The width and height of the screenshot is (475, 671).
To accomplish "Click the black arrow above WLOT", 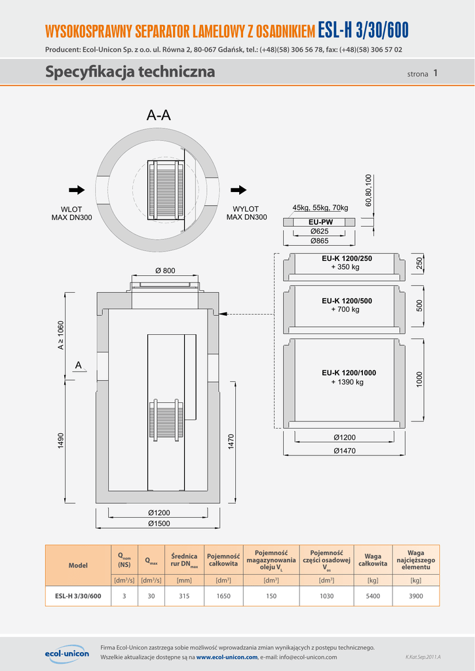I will [x=77, y=190].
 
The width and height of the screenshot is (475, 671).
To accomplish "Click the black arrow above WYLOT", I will [x=239, y=190].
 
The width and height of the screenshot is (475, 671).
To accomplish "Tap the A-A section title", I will [x=159, y=116].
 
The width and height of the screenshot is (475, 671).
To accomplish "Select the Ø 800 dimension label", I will [x=164, y=271].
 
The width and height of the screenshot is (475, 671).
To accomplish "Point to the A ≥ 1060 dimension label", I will [x=61, y=335].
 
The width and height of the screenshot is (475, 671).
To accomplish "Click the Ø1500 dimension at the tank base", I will [x=159, y=523].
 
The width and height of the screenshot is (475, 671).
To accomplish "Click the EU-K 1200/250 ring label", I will [x=347, y=258].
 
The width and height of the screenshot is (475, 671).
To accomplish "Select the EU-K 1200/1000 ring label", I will [x=349, y=373].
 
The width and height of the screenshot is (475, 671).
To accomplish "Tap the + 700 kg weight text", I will [x=345, y=309].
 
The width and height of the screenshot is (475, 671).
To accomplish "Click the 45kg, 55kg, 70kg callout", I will [x=320, y=208].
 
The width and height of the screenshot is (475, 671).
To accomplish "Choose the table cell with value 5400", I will [x=373, y=596].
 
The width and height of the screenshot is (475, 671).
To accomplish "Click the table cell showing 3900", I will [x=415, y=596].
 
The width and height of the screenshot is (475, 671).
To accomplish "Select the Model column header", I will [x=78, y=565].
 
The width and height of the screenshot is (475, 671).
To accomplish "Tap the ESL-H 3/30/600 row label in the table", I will [x=78, y=596].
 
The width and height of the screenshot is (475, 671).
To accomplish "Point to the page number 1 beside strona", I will [x=435, y=73].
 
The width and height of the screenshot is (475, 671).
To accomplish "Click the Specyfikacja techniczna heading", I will [x=130, y=72].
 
